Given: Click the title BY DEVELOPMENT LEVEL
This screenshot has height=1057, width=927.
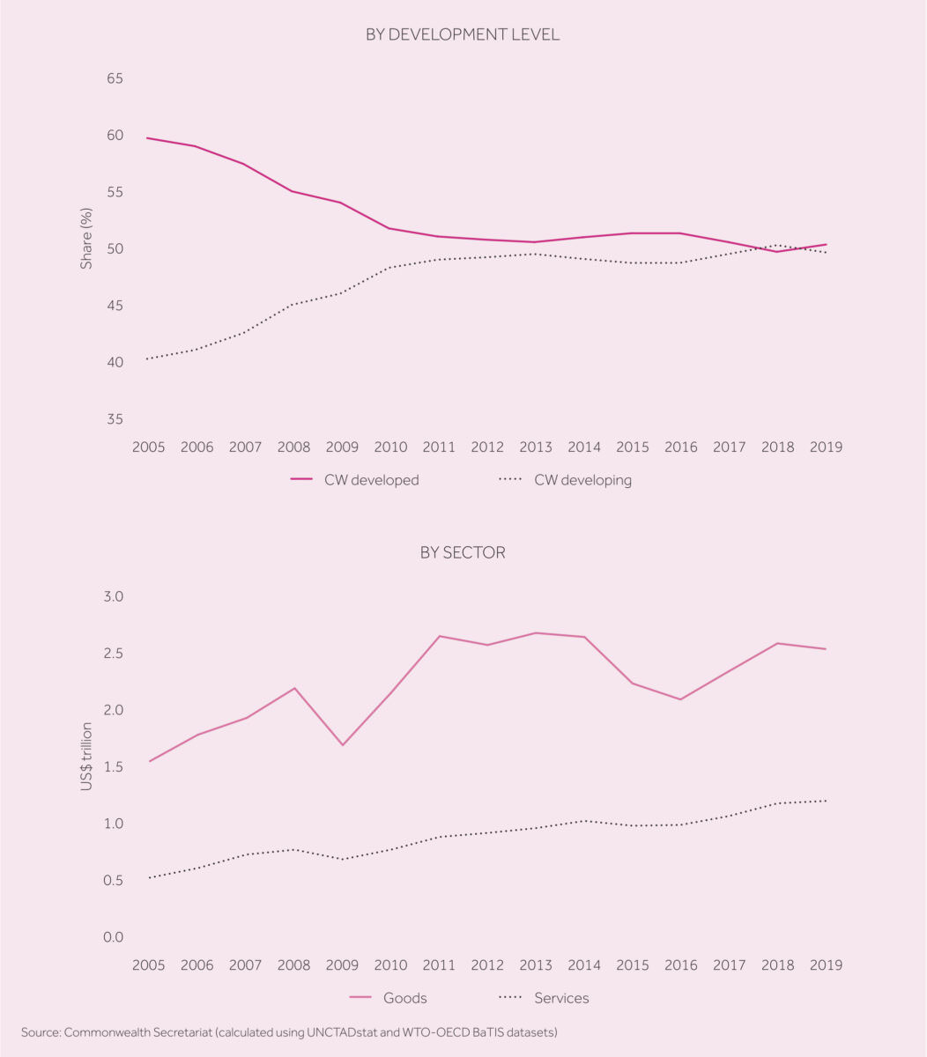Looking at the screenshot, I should click(x=463, y=35).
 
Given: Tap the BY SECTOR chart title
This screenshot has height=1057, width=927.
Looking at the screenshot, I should click(x=463, y=553).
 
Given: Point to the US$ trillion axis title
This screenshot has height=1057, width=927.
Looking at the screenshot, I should click(x=86, y=756).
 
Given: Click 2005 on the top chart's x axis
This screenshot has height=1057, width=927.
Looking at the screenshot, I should click(x=149, y=447).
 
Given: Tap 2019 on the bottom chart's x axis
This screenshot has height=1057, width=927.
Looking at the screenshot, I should click(x=825, y=965).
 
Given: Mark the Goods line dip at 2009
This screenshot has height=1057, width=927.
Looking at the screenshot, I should click(x=342, y=745).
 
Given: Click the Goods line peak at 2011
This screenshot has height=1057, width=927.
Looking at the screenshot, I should click(x=439, y=636).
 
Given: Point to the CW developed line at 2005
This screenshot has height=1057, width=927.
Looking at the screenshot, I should click(x=149, y=138).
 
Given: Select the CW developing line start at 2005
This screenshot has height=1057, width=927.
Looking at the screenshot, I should click(x=149, y=358).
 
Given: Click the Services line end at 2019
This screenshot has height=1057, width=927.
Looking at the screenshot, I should click(x=825, y=801).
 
